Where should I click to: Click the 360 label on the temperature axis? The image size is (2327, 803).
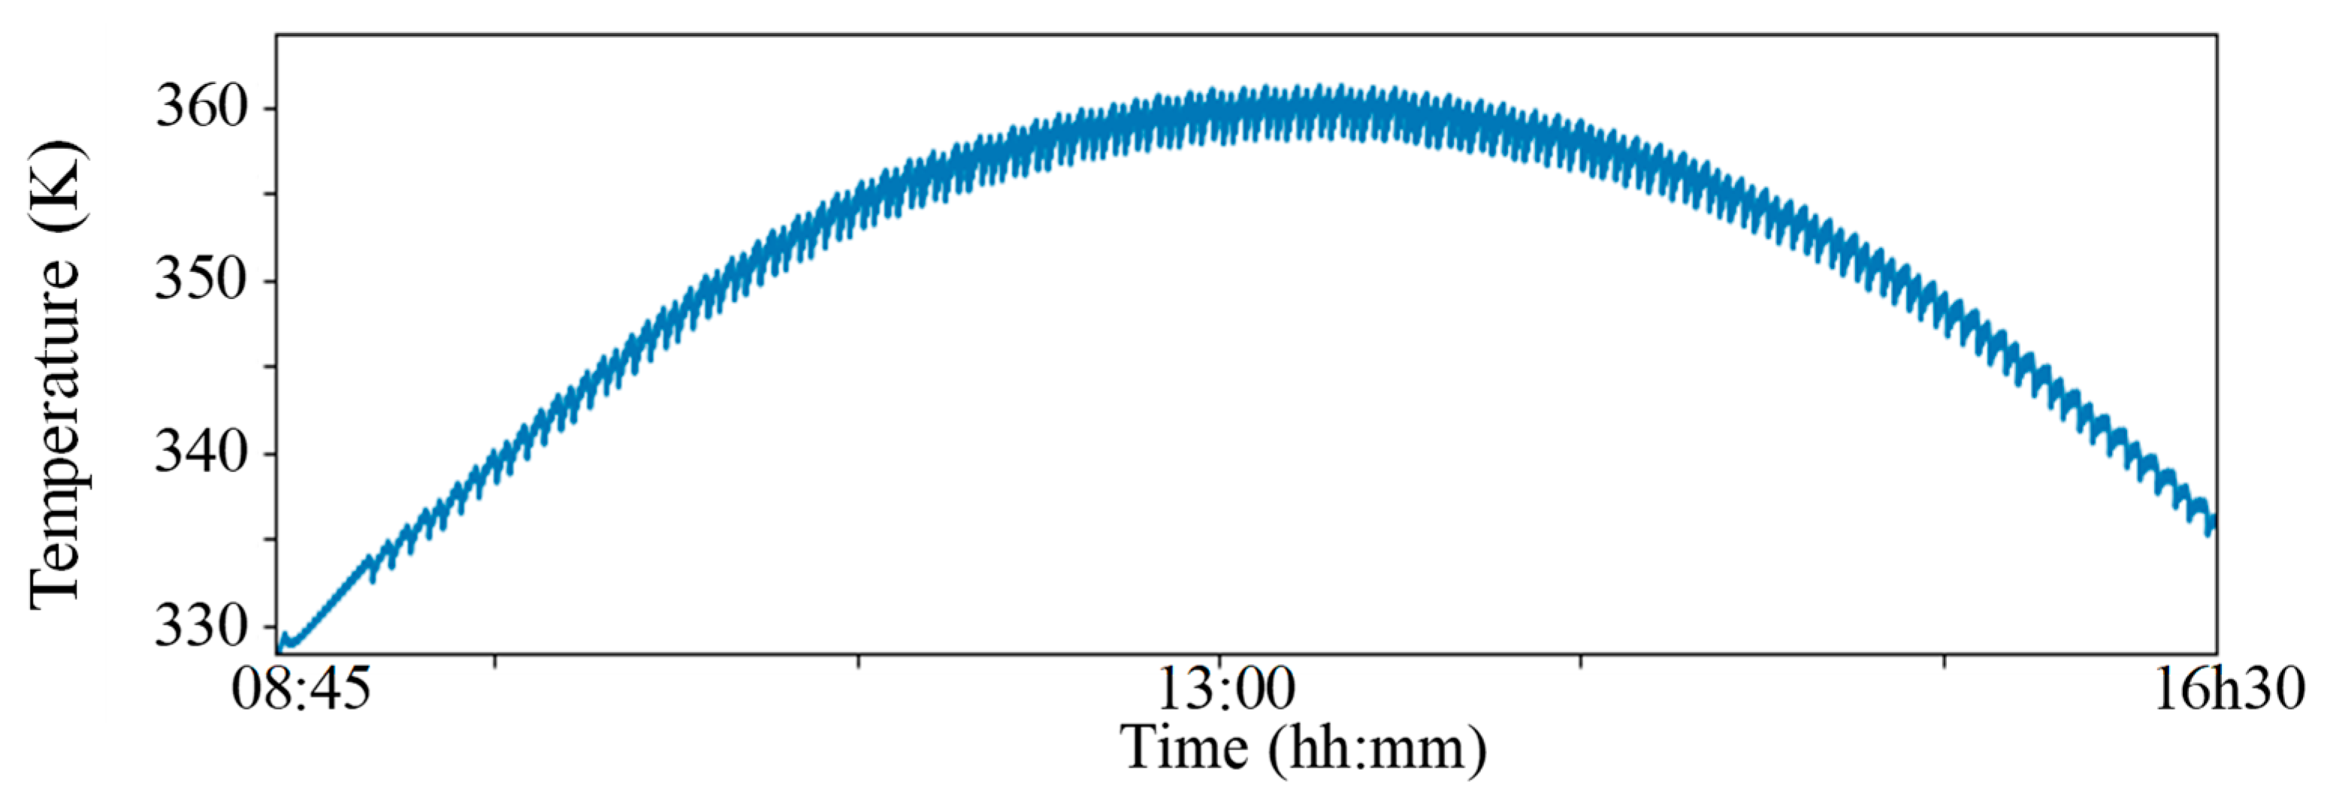tap(201, 108)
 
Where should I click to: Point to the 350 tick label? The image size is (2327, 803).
tap(201, 281)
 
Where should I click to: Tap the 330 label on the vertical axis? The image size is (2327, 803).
tap(201, 626)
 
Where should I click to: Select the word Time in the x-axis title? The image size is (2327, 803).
tap(1184, 749)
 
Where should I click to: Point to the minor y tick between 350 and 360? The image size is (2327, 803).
tap(271, 195)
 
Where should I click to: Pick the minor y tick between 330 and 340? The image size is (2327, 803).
tap(271, 540)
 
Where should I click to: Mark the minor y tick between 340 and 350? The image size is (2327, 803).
tap(271, 367)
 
